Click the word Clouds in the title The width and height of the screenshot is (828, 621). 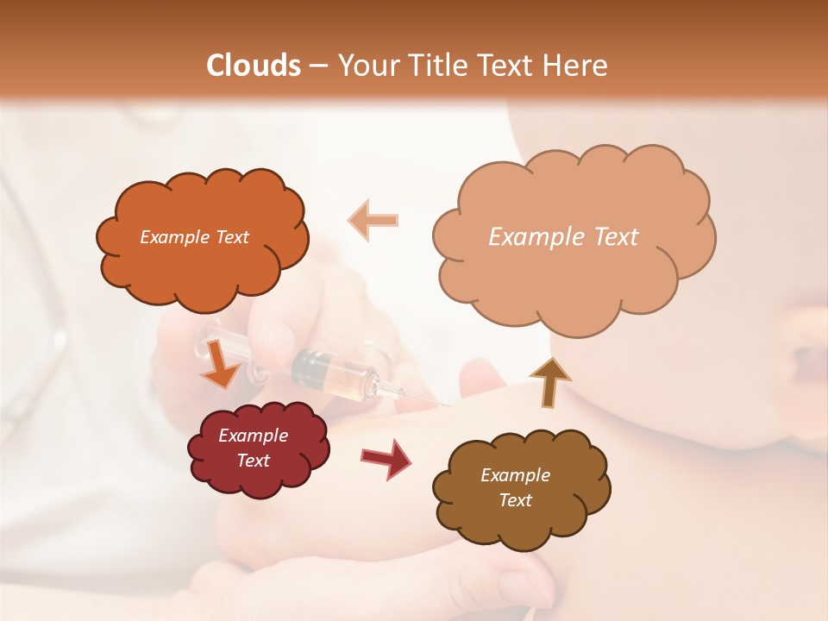pyautogui.click(x=254, y=66)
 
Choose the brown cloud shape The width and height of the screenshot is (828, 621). pyautogui.click(x=521, y=487)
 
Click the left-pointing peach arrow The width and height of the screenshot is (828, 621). pyautogui.click(x=373, y=220)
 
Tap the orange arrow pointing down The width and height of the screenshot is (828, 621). pyautogui.click(x=221, y=364)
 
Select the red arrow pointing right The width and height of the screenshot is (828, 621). pyautogui.click(x=386, y=458)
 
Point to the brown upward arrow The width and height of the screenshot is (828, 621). pyautogui.click(x=549, y=382)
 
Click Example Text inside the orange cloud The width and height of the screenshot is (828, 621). pyautogui.click(x=194, y=237)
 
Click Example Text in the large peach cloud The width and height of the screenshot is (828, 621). pyautogui.click(x=563, y=237)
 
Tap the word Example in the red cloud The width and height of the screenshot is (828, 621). pyautogui.click(x=253, y=436)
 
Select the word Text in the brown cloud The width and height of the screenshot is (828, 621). pyautogui.click(x=516, y=500)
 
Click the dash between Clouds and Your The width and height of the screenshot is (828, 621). pyautogui.click(x=317, y=66)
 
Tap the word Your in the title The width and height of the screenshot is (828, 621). pyautogui.click(x=367, y=66)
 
